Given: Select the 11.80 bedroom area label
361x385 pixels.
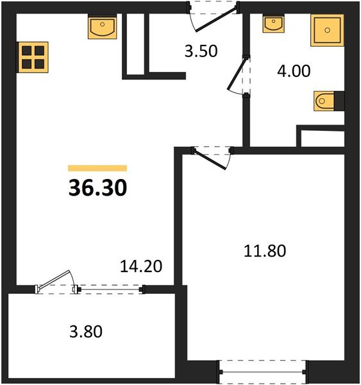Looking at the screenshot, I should [x=264, y=250].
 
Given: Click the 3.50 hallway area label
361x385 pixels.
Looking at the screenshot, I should [x=201, y=52].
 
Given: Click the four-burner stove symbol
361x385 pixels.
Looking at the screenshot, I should [x=33, y=57].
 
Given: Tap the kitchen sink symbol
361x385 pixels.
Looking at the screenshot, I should [x=102, y=29].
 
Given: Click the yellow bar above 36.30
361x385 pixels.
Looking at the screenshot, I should [x=97, y=168].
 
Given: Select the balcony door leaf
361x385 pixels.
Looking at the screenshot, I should [x=56, y=282].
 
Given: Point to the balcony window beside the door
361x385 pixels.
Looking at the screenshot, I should [x=110, y=289].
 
